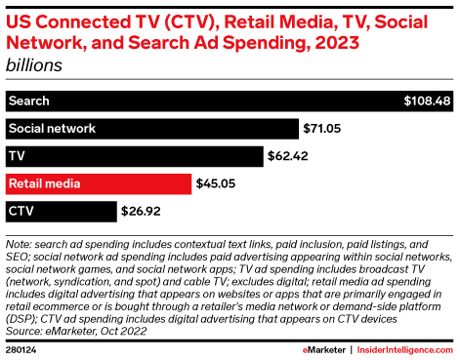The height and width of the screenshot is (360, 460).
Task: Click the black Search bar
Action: tap(195, 100)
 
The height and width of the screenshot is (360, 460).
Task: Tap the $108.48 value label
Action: tap(428, 100)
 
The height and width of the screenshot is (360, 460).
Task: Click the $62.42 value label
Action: tap(290, 155)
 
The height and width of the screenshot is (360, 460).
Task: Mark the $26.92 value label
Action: tap(141, 210)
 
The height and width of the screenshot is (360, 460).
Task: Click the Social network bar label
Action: tap(51, 128)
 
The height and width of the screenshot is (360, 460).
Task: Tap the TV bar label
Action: tap(17, 155)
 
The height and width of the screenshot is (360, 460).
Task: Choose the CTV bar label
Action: tap(21, 210)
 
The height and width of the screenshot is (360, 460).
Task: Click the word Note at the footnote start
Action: tap(19, 242)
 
